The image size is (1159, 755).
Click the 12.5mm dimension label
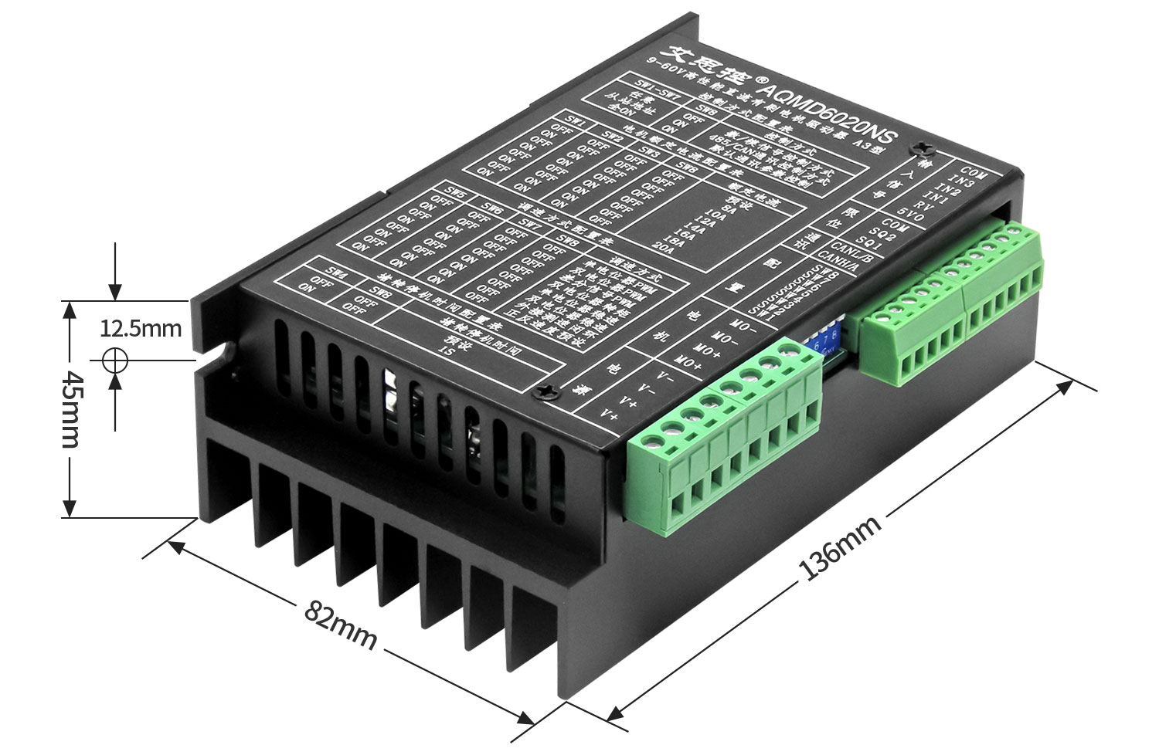tap(141, 329)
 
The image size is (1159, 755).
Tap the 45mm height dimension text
tap(70, 408)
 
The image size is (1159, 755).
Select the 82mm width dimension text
tap(340, 625)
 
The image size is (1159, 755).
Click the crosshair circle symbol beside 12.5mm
tap(115, 360)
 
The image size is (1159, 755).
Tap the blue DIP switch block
tap(826, 340)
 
